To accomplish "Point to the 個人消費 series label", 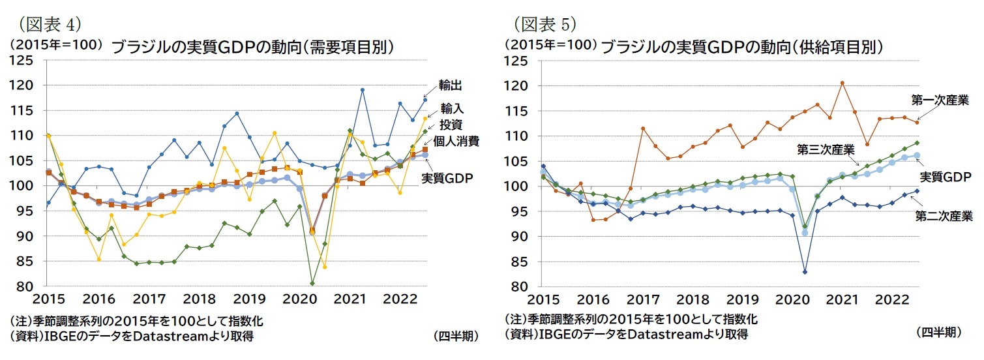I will (457, 142).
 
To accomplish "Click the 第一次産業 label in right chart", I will (940, 100).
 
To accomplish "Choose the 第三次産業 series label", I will (826, 149).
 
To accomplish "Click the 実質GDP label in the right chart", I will (947, 177).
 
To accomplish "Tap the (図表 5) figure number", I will (545, 25).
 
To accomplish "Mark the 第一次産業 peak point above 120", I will (842, 83).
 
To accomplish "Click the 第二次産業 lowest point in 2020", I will (805, 272).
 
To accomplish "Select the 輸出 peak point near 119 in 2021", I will (362, 90).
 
